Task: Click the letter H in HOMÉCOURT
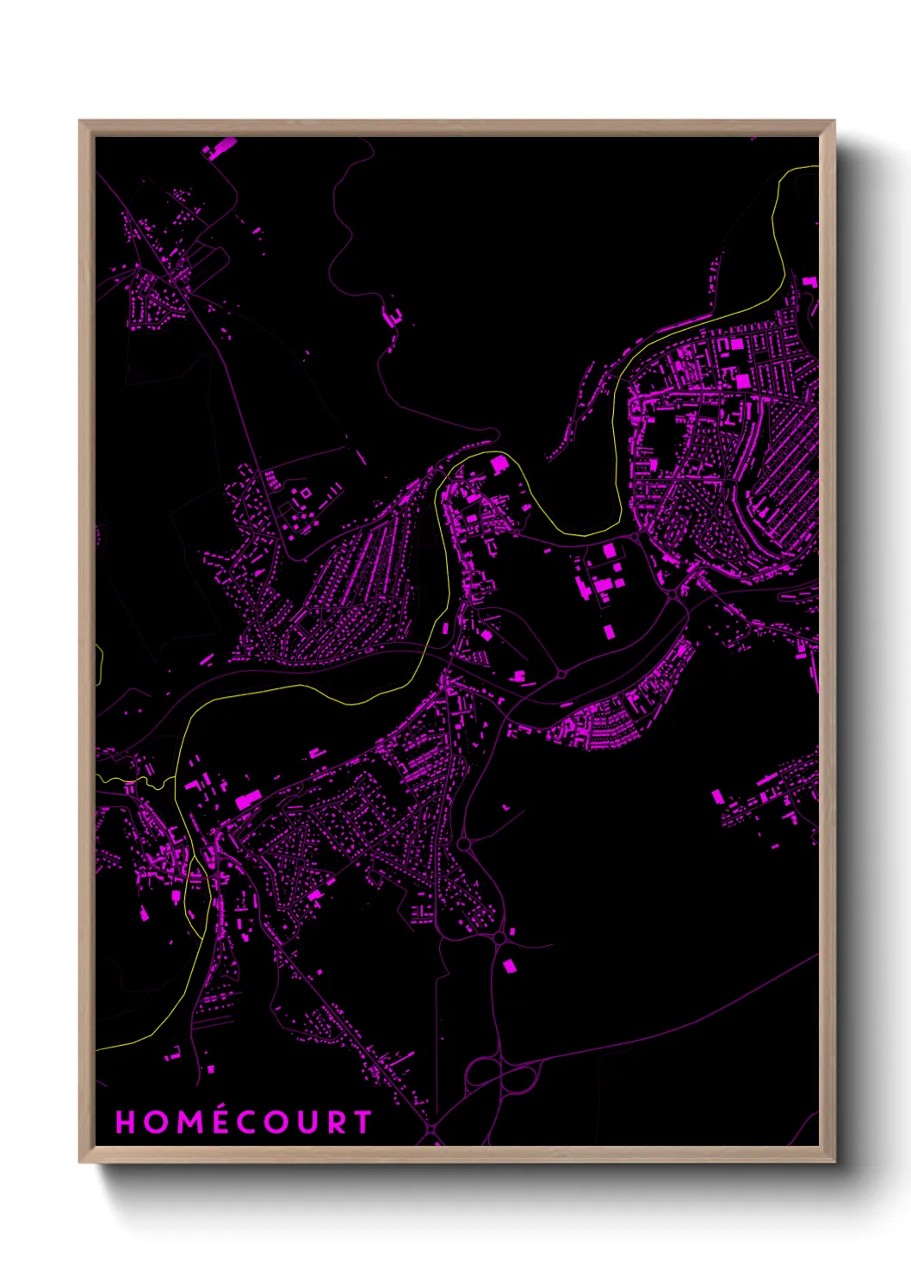(126, 1122)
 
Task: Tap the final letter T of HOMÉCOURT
(363, 1122)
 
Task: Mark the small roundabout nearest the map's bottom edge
(431, 1128)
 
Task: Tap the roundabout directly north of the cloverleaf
(499, 938)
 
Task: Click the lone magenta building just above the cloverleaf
(508, 966)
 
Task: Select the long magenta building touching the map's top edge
(220, 147)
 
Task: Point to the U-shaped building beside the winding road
(393, 316)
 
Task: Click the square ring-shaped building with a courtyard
(305, 494)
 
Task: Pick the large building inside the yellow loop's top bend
(499, 465)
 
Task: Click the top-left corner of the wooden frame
(80, 121)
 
